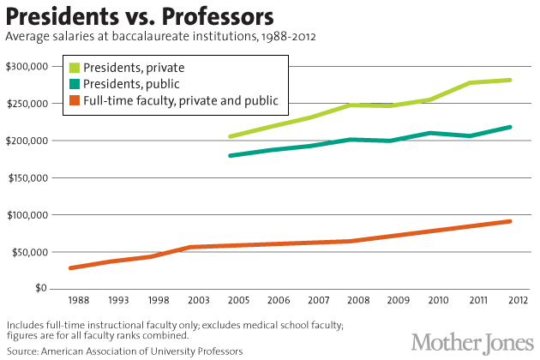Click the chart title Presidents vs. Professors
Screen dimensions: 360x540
point(141,16)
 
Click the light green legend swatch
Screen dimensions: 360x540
point(76,67)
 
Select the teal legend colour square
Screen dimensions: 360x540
point(76,84)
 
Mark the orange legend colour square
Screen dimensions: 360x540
point(76,101)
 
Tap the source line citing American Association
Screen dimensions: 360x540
point(124,351)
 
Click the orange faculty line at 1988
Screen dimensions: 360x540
point(71,268)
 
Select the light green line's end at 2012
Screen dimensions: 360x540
point(510,80)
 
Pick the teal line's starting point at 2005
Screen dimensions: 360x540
point(231,155)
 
